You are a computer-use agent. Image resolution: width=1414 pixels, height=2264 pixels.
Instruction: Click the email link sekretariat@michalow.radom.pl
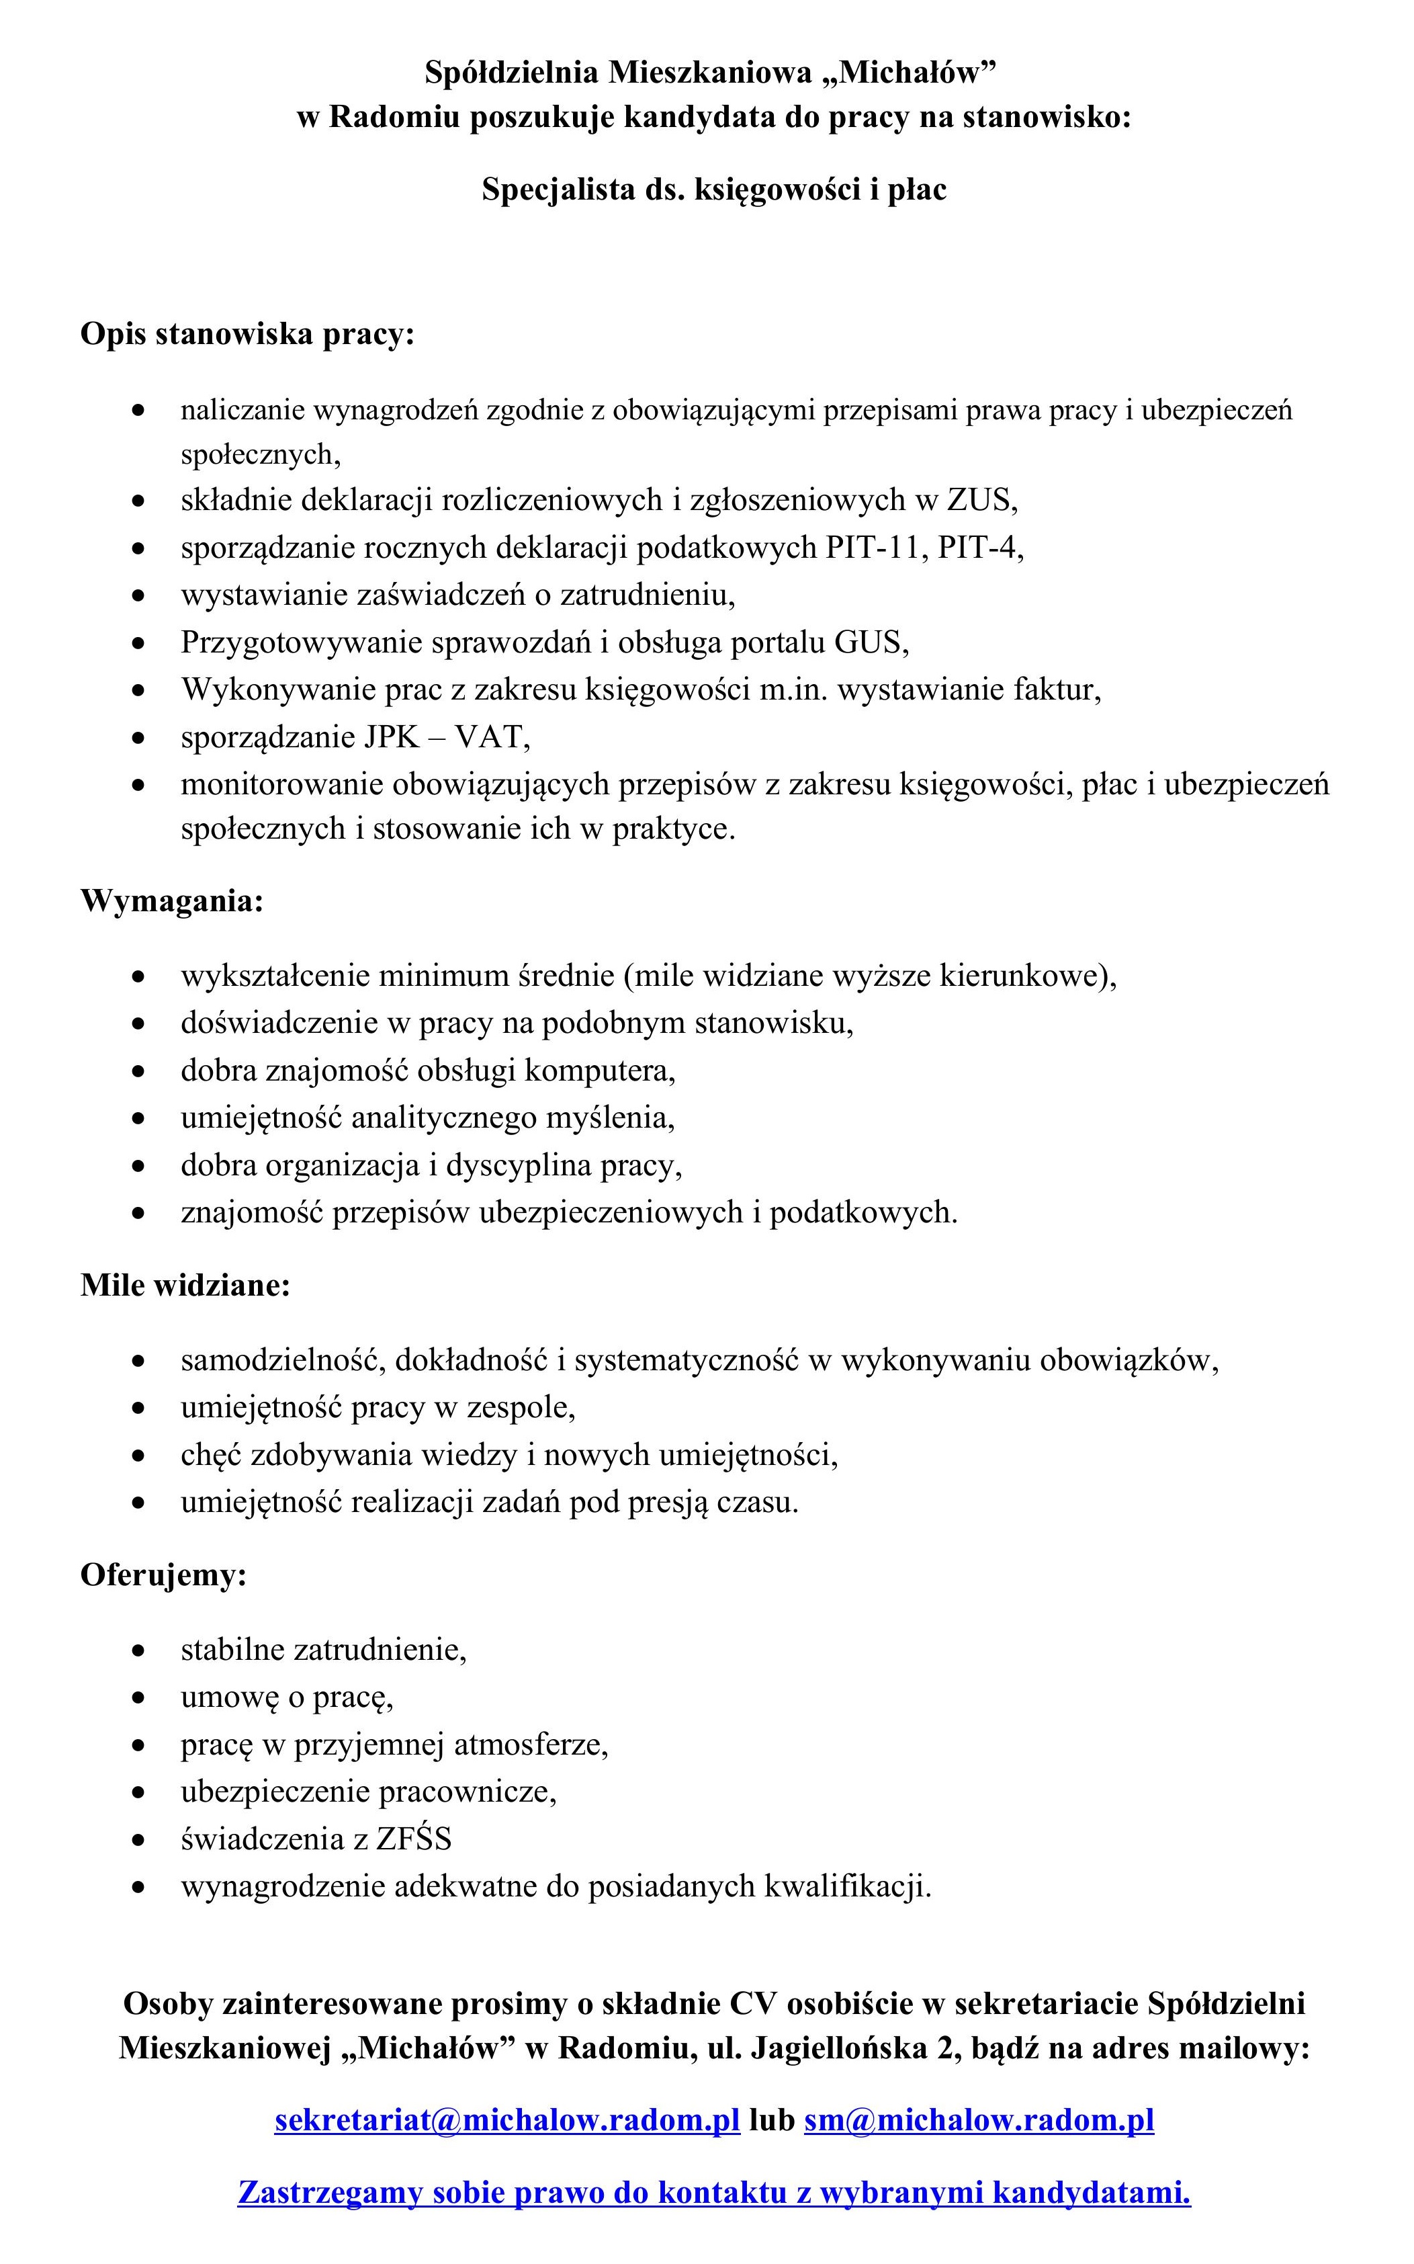[507, 2119]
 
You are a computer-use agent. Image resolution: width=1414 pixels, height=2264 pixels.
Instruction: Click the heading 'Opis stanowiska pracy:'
[247, 334]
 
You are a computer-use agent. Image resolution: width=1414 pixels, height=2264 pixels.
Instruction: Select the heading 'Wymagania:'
[172, 901]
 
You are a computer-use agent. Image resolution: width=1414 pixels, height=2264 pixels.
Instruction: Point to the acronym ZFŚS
[413, 1839]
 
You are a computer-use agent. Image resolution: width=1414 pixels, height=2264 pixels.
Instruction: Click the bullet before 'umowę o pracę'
[138, 1697]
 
